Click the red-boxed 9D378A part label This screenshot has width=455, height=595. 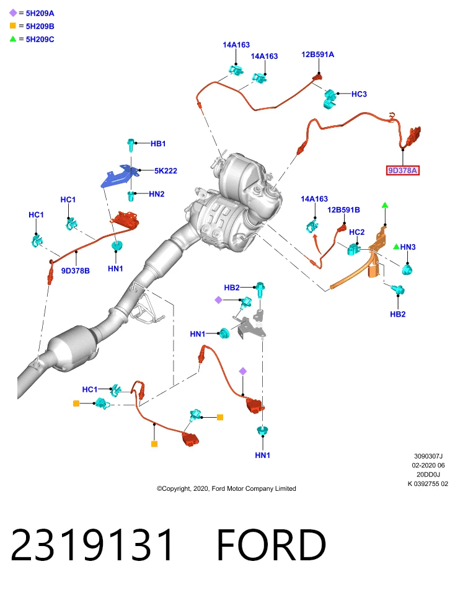tap(403, 170)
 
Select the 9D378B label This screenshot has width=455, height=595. tap(76, 271)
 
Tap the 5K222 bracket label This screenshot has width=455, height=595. tap(166, 171)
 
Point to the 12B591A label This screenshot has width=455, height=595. tap(317, 55)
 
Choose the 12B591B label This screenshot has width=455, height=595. tap(343, 210)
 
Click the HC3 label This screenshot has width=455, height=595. tap(359, 94)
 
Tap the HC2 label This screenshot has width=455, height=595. tap(356, 232)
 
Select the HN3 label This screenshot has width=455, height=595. tap(408, 247)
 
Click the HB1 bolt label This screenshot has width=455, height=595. tap(158, 143)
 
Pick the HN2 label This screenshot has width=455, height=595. tap(157, 194)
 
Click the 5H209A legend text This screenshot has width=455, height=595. tap(40, 13)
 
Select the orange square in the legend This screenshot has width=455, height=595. tap(13, 26)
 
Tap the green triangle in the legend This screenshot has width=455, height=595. tap(13, 38)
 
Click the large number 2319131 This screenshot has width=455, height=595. tap(92, 545)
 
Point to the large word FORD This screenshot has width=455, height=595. tap(272, 545)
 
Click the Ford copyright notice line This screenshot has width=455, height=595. tap(226, 488)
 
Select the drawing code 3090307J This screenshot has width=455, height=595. tap(428, 456)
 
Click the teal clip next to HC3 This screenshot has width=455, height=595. tap(330, 99)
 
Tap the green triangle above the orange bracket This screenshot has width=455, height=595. tap(385, 205)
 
